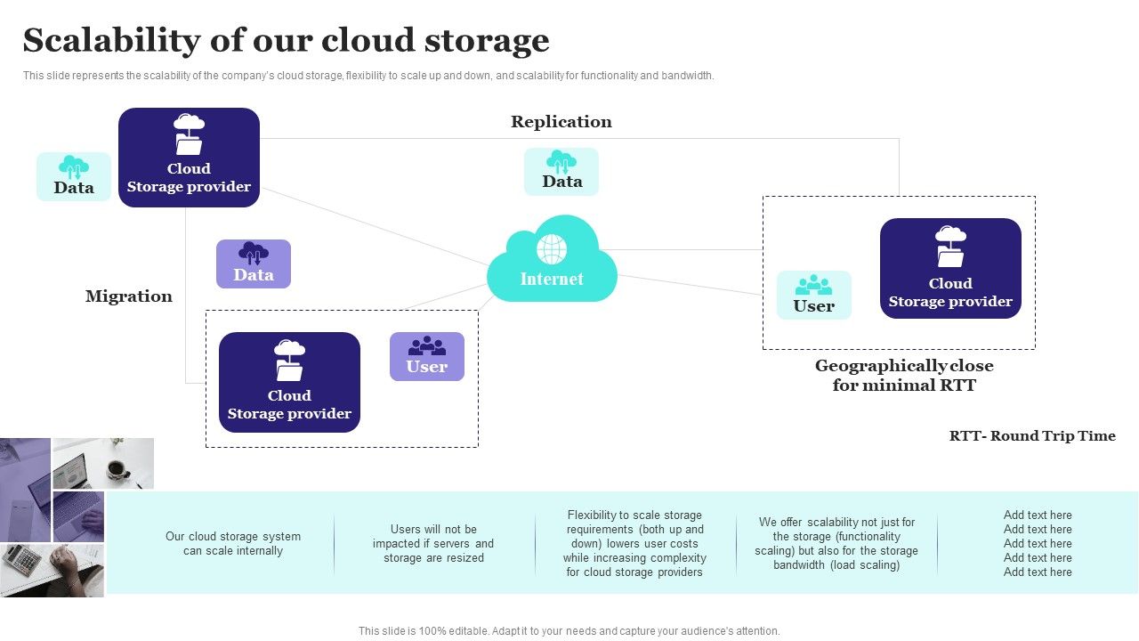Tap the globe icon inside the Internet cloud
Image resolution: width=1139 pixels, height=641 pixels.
(552, 248)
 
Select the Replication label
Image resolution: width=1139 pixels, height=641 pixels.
(561, 122)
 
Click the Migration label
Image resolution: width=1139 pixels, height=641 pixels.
(129, 296)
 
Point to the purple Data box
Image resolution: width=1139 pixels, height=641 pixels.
(254, 264)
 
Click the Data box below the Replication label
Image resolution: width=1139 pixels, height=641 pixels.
(561, 172)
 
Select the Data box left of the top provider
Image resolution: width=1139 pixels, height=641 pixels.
(74, 176)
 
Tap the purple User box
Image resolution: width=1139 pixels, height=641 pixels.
(427, 356)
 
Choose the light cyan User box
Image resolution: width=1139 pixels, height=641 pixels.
(814, 296)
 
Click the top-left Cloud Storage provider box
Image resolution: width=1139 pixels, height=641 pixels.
(189, 158)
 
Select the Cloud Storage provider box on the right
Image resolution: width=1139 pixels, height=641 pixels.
(950, 268)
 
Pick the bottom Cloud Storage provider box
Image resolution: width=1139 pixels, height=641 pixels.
(289, 383)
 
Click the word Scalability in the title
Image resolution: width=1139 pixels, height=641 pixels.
(112, 41)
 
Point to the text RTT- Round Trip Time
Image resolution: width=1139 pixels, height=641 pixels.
(1032, 436)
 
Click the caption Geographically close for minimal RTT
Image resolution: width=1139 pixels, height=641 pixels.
(904, 376)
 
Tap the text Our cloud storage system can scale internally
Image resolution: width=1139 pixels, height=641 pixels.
(233, 543)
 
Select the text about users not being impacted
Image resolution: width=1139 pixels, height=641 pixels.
(433, 543)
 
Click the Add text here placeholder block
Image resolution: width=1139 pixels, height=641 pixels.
(1038, 543)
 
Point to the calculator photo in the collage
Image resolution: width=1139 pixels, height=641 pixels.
(25, 563)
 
